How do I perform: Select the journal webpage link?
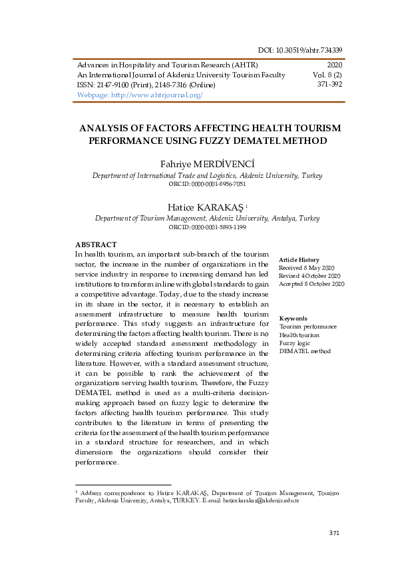point(140,95)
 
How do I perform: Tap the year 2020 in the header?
point(334,65)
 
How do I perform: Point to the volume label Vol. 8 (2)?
point(327,75)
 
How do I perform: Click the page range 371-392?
point(329,85)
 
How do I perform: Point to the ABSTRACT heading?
point(96,245)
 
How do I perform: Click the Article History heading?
point(299,260)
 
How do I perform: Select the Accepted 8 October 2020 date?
point(311,284)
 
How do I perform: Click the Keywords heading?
point(293,318)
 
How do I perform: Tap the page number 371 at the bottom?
point(335,533)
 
